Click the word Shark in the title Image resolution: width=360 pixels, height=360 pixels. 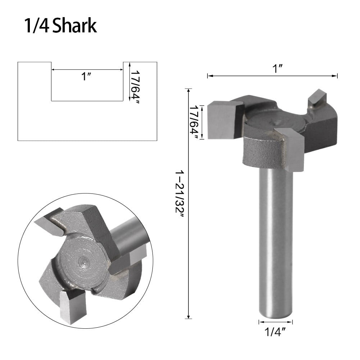[x=74, y=26]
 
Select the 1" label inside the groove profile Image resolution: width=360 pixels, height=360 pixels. [x=85, y=77]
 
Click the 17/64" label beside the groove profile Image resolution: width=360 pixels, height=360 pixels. [x=135, y=82]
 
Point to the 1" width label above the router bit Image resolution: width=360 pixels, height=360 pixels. [x=276, y=69]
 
